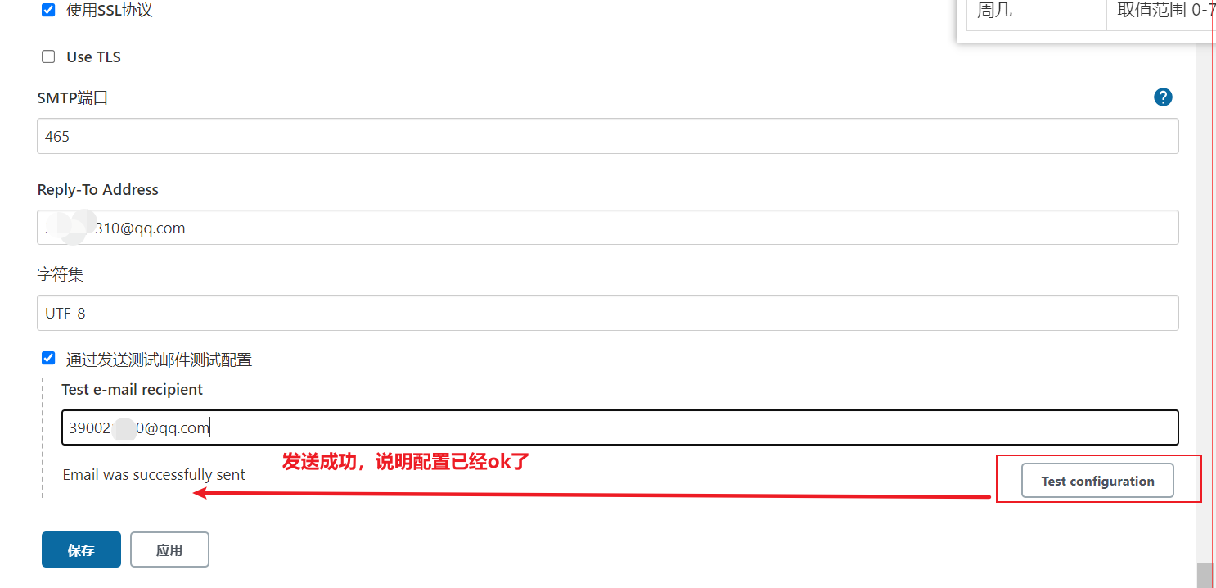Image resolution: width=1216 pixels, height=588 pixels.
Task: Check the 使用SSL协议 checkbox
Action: (x=48, y=10)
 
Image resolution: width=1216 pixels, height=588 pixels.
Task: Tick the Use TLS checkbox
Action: (x=48, y=57)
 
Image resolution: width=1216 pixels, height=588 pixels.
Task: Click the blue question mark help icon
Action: (x=1163, y=97)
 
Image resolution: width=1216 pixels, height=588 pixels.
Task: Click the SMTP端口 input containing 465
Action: (x=607, y=136)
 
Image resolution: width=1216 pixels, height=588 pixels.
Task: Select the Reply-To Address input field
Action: (x=607, y=228)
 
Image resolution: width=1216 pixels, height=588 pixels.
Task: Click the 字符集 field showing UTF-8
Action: (x=607, y=313)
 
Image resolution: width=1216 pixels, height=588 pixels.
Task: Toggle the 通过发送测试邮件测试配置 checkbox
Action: (x=48, y=358)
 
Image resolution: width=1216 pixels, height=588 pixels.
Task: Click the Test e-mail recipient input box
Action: (x=619, y=427)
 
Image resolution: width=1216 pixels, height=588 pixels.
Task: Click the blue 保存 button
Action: (x=81, y=550)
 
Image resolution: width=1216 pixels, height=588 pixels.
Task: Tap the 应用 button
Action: (x=169, y=550)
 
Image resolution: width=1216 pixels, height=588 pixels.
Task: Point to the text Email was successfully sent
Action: (x=154, y=475)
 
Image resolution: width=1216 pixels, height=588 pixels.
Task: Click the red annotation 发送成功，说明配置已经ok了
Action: (x=406, y=461)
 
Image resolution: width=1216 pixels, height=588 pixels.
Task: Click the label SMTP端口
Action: (x=73, y=98)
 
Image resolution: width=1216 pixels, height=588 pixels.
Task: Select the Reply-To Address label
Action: (x=98, y=189)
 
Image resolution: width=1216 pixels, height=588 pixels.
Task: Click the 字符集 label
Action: (x=61, y=274)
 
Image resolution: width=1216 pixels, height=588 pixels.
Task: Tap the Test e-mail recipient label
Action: (x=133, y=389)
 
